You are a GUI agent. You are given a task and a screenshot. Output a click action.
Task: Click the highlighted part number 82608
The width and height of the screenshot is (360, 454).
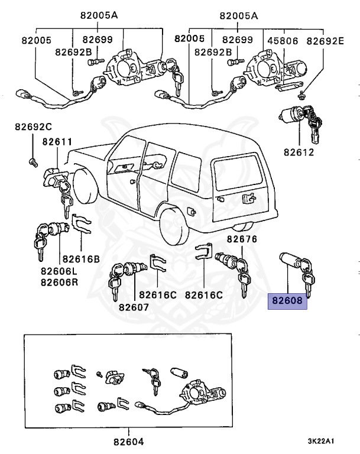[x=288, y=300]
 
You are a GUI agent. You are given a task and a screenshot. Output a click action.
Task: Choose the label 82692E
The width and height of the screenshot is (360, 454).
[x=325, y=40]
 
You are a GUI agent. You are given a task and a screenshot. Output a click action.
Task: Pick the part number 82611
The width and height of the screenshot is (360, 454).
[x=57, y=142]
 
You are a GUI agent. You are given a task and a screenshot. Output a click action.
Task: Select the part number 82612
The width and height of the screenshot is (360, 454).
[x=299, y=152]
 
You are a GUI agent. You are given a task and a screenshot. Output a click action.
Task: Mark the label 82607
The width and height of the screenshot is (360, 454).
[x=133, y=307]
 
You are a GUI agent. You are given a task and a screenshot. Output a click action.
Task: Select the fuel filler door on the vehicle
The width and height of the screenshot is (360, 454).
[x=192, y=210]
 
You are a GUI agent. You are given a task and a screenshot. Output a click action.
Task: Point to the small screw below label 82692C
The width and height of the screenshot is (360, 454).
[x=32, y=161]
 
